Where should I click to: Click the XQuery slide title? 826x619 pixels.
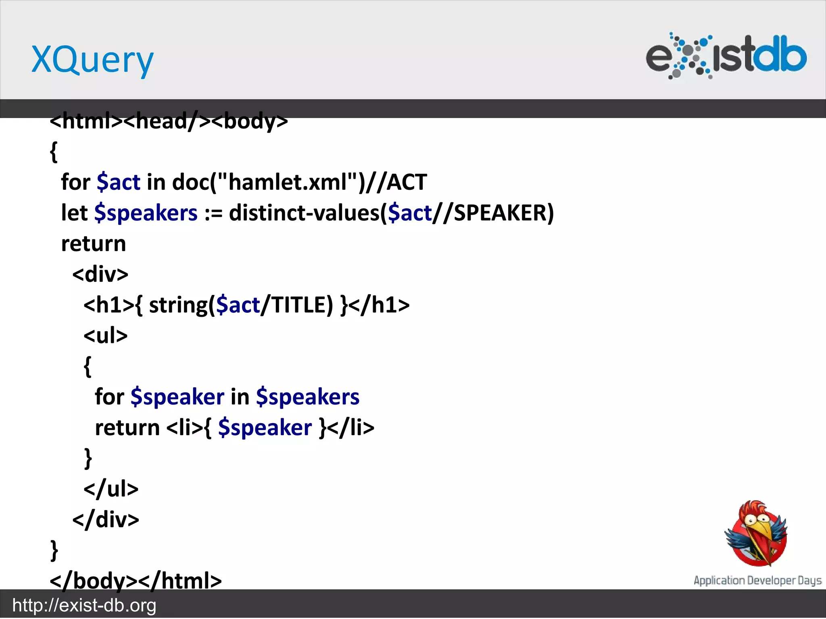point(92,60)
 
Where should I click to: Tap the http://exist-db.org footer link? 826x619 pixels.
point(84,605)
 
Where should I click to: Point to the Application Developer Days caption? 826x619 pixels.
point(757,580)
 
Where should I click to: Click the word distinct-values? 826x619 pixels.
point(305,213)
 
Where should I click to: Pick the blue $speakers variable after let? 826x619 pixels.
point(146,213)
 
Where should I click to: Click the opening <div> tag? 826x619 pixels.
point(100,274)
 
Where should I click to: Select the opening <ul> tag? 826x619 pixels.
point(105,335)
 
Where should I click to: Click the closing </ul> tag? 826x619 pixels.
point(111,488)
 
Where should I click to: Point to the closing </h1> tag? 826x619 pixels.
point(379,305)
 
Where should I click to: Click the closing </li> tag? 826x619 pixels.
point(351,428)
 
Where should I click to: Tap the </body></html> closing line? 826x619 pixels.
point(136,580)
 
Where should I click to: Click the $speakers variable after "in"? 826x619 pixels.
point(307,397)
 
